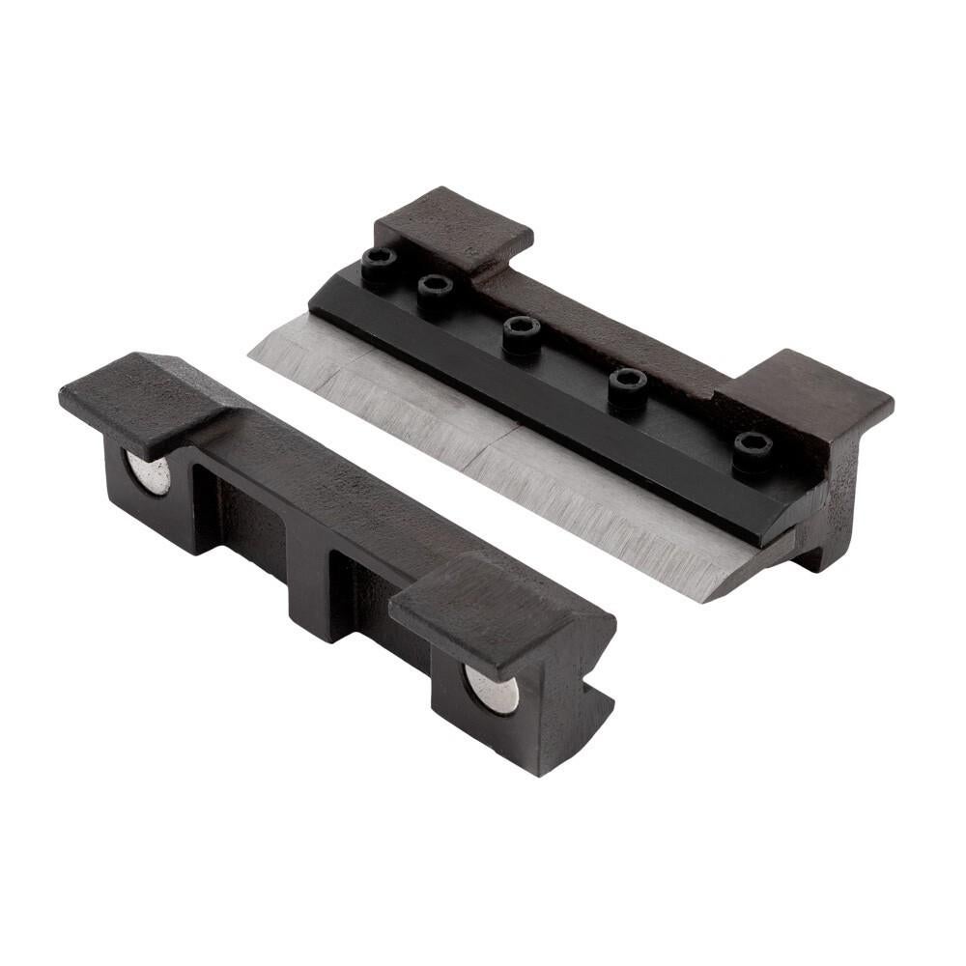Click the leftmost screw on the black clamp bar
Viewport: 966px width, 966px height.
pyautogui.click(x=379, y=260)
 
